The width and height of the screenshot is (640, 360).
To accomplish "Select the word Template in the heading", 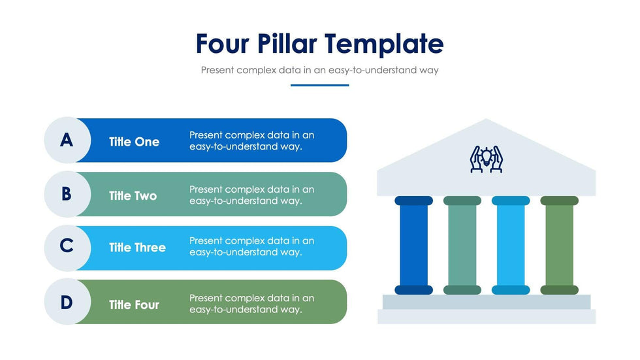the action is (x=384, y=44).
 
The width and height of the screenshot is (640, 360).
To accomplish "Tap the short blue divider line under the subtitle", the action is (x=319, y=86).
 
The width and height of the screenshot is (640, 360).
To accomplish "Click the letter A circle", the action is (x=67, y=140).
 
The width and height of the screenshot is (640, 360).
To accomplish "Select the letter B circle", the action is (x=67, y=194).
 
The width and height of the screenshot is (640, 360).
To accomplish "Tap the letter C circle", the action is (x=67, y=248).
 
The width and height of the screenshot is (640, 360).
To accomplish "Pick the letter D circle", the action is (x=67, y=302).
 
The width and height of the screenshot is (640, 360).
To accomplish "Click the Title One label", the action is (x=134, y=142).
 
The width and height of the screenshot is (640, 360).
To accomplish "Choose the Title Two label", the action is (x=133, y=196).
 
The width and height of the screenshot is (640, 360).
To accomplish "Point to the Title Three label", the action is (x=137, y=248).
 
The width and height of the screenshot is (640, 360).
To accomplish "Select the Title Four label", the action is (x=134, y=304).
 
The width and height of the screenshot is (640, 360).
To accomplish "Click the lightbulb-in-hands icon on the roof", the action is (x=486, y=159).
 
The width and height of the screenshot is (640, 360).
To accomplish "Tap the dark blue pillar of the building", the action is (x=413, y=245).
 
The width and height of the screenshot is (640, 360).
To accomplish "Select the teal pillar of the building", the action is (x=462, y=245).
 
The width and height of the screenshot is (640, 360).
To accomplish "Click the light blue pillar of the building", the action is (x=511, y=245).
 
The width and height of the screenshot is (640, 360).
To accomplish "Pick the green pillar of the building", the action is (x=559, y=245).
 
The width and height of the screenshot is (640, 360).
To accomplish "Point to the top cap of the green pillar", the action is (x=559, y=201).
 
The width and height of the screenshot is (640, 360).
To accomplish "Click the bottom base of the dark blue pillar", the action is (x=413, y=290).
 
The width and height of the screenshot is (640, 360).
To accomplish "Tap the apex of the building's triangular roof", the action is (x=486, y=119).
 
